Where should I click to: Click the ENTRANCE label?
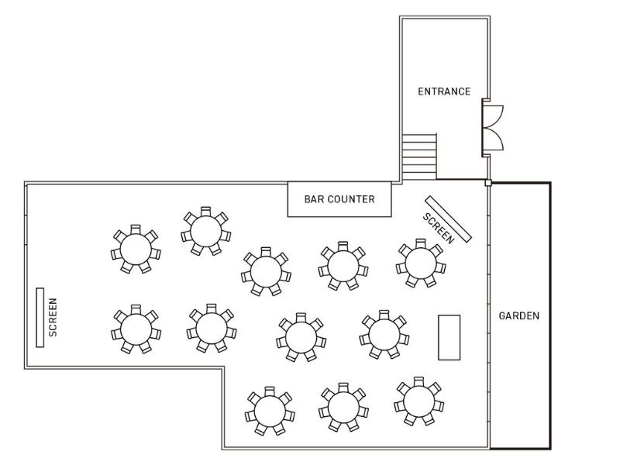[x=444, y=91]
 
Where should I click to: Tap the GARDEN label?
[x=518, y=316]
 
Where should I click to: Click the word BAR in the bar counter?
[x=312, y=199]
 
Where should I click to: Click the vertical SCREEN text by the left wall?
[x=53, y=318]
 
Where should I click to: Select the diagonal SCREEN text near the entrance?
[x=439, y=228]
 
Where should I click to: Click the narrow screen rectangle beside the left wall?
[x=40, y=318]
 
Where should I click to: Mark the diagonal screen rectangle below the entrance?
[x=449, y=219]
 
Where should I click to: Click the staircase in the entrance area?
[x=419, y=157]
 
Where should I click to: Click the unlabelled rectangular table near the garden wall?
[x=449, y=337]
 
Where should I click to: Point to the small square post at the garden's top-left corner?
[x=488, y=183]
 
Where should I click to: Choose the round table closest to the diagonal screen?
[x=421, y=263]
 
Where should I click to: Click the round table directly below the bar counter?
[x=343, y=266]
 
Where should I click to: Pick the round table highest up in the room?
[x=206, y=231]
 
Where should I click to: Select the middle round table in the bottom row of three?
[x=343, y=408]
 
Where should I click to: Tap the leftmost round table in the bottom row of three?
[x=270, y=412]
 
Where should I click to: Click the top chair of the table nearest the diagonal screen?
[x=421, y=243]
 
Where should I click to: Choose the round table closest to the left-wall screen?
[x=136, y=329]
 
